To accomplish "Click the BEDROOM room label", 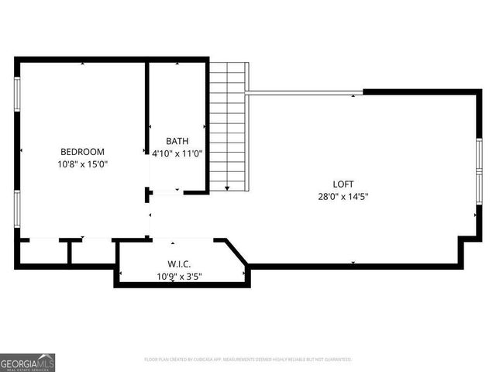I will point(82,152).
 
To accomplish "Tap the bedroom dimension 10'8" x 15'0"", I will point(82,164).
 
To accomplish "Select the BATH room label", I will point(177,141).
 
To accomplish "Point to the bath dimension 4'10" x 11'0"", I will point(177,153).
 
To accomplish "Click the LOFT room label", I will point(343,184).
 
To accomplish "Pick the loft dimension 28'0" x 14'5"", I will point(343,196).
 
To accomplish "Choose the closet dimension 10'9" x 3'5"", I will point(180,276).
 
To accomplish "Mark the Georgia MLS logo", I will point(27,362).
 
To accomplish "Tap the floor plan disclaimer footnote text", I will point(248,360).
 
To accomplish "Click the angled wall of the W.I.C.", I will point(236,255).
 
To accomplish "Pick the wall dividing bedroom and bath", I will point(146,108).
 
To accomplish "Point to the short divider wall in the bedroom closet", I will point(70,252).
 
